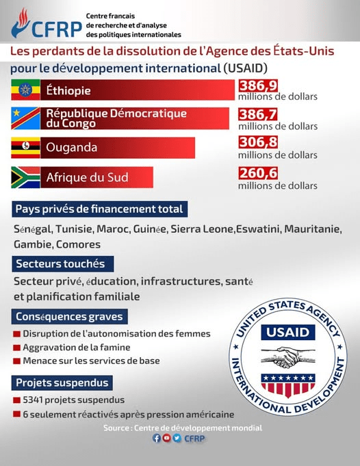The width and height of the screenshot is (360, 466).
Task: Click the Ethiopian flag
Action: click(25, 90)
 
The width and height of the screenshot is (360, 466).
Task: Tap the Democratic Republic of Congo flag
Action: click(25, 118)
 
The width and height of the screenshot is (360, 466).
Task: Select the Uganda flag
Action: click(25, 148)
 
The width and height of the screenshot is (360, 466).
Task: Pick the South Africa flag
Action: click(25, 177)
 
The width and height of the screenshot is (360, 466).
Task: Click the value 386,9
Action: click(258, 86)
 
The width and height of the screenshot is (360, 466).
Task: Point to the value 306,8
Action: click(258, 142)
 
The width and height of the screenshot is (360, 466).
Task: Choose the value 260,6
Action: click(258, 173)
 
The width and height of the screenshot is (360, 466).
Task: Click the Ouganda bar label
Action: click(72, 147)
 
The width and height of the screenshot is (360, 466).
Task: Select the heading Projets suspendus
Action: click(62, 383)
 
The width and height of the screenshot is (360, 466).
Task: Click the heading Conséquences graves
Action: click(70, 317)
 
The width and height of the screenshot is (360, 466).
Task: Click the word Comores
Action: click(79, 244)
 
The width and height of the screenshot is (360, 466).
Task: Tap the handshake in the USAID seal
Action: click(287, 357)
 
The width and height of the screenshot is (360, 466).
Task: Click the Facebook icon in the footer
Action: click(157, 438)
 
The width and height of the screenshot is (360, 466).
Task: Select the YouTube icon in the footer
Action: click(167, 438)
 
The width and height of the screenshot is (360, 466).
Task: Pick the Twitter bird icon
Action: click(177, 438)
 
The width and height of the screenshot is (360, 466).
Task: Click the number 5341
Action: click(34, 400)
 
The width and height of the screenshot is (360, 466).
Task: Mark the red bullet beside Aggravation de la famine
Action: click(16, 348)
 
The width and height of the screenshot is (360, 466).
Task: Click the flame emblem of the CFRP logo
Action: click(21, 23)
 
